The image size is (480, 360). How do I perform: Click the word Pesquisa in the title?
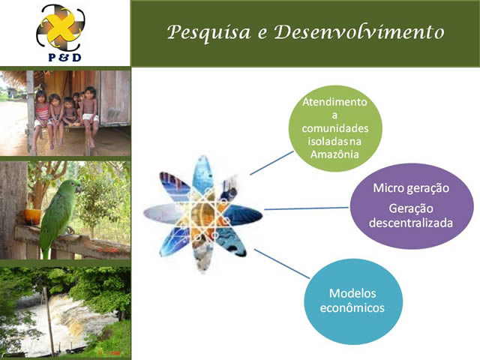pyautogui.click(x=208, y=32)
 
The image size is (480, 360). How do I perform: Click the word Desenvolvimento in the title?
pyautogui.click(x=359, y=31)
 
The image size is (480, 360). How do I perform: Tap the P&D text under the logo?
pyautogui.click(x=65, y=57)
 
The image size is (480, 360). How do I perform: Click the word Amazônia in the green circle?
pyautogui.click(x=334, y=154)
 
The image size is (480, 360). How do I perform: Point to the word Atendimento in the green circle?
pyautogui.click(x=334, y=102)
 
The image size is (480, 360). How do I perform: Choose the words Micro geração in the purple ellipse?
pyautogui.click(x=411, y=188)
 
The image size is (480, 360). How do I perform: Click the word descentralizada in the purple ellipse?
pyautogui.click(x=411, y=223)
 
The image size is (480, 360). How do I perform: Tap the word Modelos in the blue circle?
pyautogui.click(x=352, y=293)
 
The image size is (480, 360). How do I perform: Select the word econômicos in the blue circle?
pyautogui.click(x=352, y=307)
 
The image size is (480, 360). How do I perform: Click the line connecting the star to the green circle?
pyautogui.click(x=271, y=163)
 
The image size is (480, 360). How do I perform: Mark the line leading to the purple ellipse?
pyautogui.click(x=306, y=208)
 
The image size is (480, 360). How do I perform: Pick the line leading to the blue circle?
pyautogui.click(x=282, y=263)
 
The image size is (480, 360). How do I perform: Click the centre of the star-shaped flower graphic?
pyautogui.click(x=203, y=214)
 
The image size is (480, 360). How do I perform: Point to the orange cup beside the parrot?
pyautogui.click(x=33, y=217)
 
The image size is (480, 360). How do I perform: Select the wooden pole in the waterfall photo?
pyautogui.click(x=49, y=322)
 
